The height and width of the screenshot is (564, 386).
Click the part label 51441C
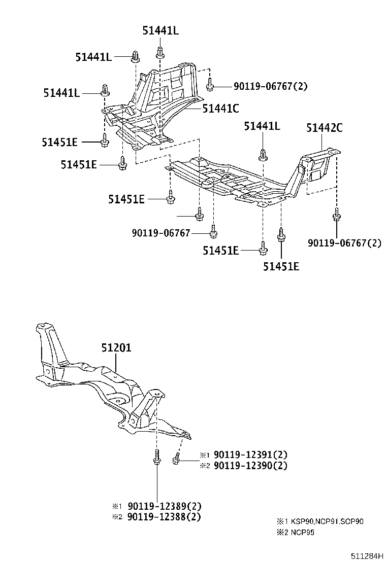(x=220, y=108)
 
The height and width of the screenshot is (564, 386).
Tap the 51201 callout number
(x=116, y=348)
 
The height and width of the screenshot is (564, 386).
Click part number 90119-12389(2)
(x=164, y=506)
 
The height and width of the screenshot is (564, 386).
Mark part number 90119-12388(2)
(x=164, y=517)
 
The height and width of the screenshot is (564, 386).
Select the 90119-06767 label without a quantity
(x=161, y=233)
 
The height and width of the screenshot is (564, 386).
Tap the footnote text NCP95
(x=303, y=533)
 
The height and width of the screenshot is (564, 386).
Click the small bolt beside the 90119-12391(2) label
(x=176, y=459)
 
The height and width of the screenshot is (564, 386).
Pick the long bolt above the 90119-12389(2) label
(x=156, y=457)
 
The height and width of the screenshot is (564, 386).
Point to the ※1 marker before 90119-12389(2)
(x=117, y=506)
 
